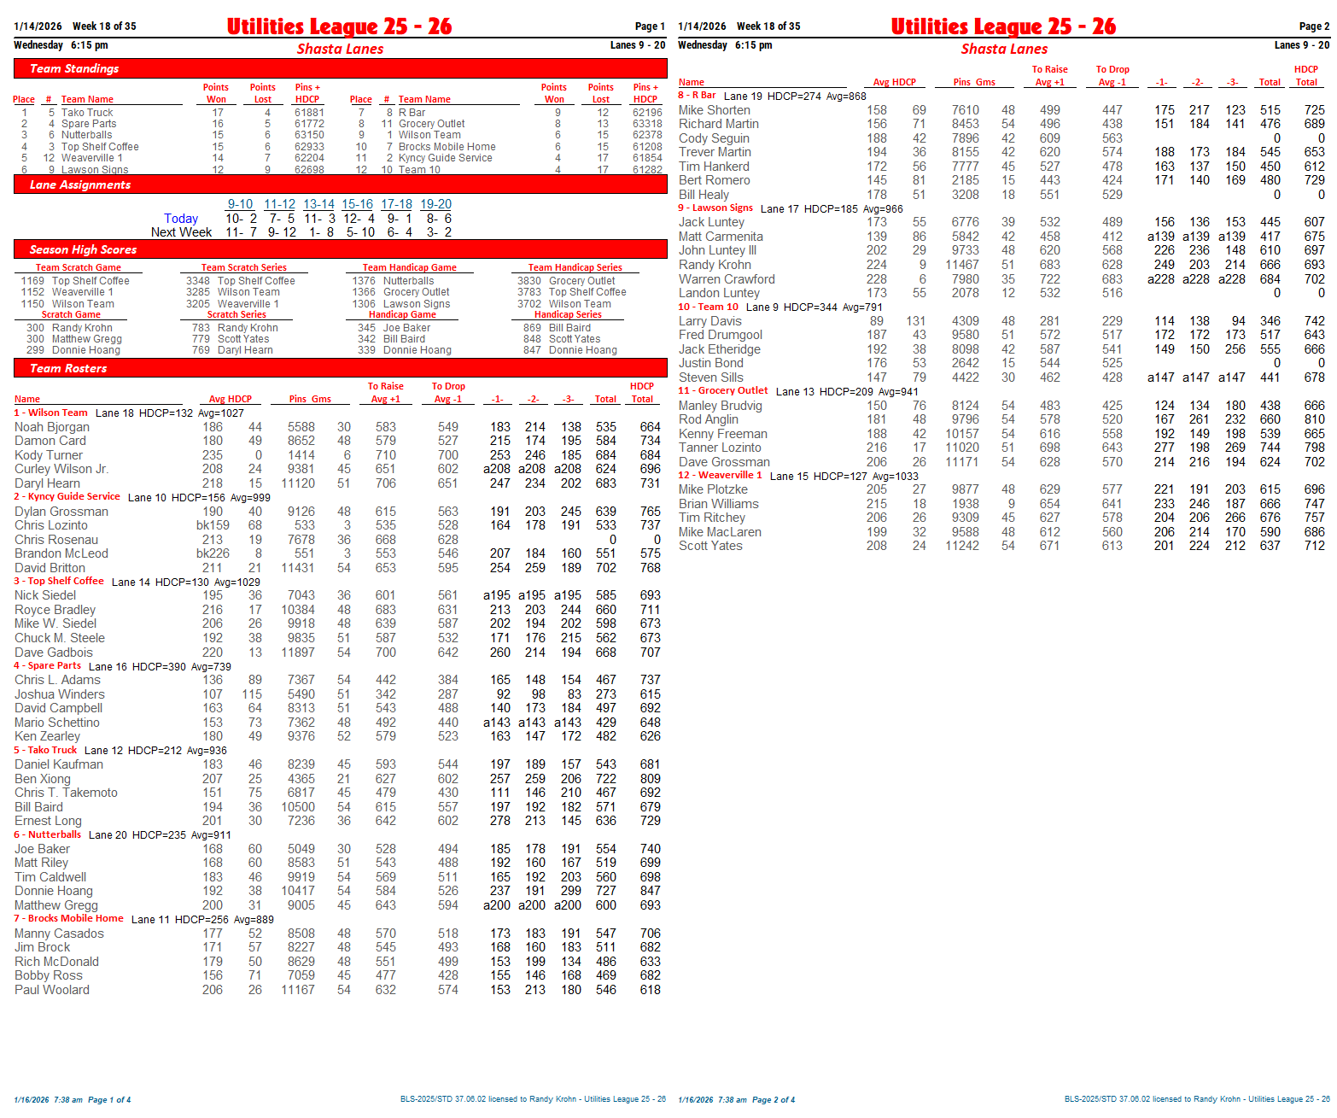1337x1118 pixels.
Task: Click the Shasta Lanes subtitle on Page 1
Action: coord(340,49)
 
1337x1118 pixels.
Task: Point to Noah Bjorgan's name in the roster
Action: coord(52,427)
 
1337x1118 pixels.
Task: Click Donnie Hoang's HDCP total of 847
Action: coord(650,891)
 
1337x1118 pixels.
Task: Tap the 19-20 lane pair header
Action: coord(435,204)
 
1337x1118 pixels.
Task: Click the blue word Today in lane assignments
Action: coord(181,219)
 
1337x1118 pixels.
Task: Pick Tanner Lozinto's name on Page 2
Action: coord(720,448)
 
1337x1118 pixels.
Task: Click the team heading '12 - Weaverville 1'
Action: coord(720,475)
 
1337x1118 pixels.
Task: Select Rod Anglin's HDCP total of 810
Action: coord(1314,419)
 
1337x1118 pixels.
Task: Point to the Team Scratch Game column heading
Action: coord(79,267)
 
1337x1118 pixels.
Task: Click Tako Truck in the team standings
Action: coord(87,113)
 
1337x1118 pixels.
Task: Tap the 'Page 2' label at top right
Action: coord(1314,26)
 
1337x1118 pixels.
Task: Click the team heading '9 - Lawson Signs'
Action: coord(715,208)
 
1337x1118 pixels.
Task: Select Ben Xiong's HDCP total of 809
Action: coord(650,779)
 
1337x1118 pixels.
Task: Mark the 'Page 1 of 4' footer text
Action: coord(109,1100)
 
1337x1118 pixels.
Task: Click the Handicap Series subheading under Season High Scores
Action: coord(568,314)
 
